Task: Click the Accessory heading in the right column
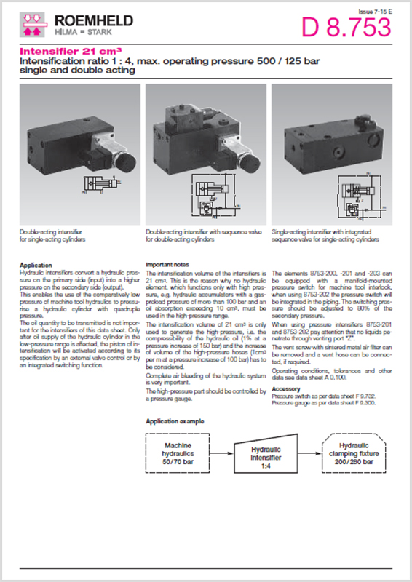coord(285,389)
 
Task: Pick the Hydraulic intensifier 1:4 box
coord(260,455)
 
